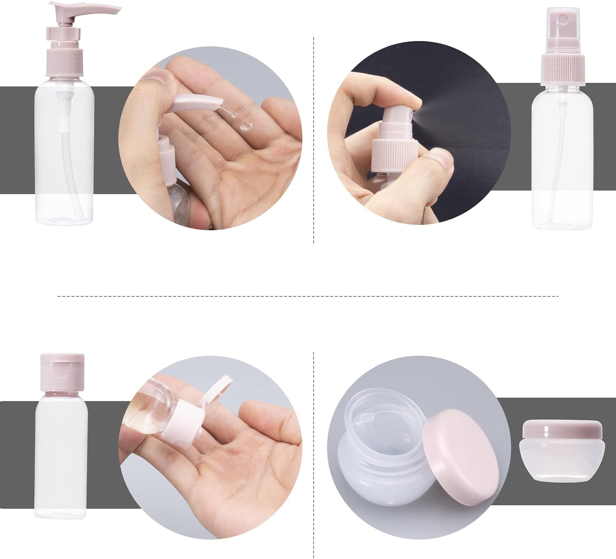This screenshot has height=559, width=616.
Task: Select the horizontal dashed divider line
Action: point(308,296)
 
